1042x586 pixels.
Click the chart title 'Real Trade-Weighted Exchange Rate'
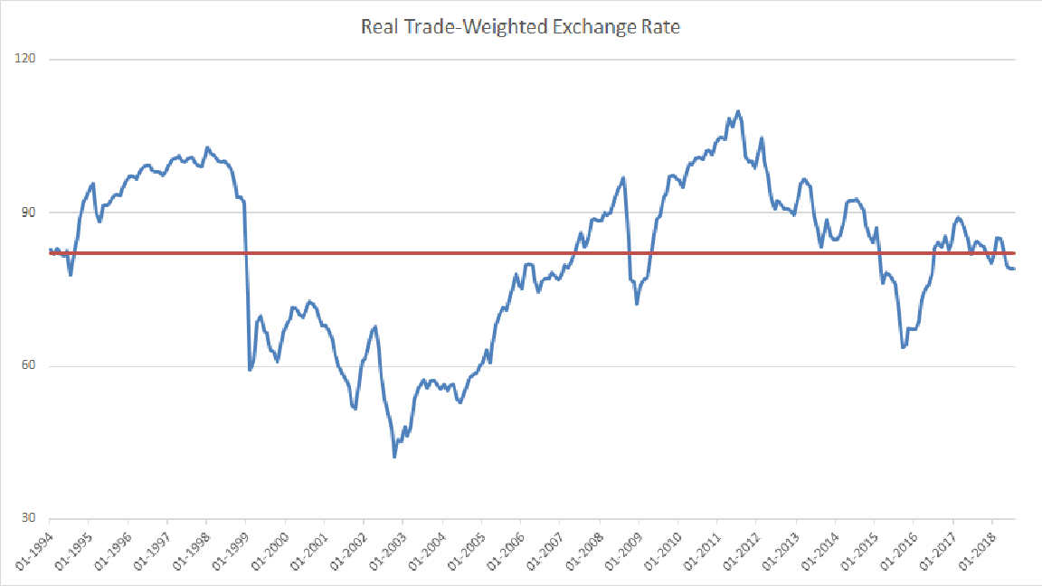coord(520,27)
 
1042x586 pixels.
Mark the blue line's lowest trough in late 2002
coord(394,457)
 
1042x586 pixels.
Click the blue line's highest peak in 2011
coord(738,111)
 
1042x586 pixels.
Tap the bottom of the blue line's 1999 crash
coord(250,370)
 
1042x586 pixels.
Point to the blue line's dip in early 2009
coord(637,303)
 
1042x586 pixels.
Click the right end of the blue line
coord(1014,269)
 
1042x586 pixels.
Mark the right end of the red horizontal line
coord(1015,253)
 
